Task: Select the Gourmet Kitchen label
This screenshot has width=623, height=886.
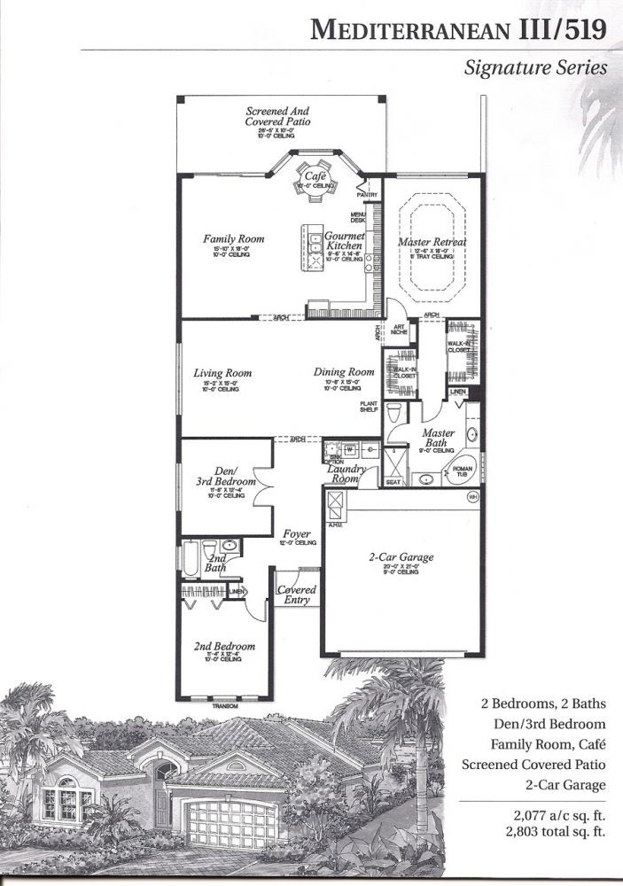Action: coord(345,242)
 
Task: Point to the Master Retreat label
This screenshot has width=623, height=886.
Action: coord(432,241)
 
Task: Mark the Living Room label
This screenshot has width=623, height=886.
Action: coord(222,373)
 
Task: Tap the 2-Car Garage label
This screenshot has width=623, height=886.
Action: coord(401,557)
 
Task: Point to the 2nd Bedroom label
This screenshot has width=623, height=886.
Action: coord(223,646)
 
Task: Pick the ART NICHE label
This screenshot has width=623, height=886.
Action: coord(398,331)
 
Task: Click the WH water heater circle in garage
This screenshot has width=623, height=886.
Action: coord(473,496)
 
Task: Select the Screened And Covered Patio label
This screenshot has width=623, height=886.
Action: coord(277,116)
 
